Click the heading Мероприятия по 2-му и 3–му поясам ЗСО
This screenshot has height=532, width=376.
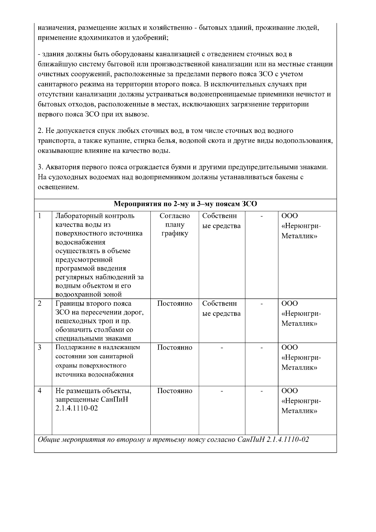click(185, 204)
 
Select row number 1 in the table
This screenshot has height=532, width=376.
click(40, 216)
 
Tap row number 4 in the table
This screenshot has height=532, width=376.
click(40, 391)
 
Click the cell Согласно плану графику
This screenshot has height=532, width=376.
click(175, 225)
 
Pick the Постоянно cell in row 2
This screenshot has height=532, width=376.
click(175, 304)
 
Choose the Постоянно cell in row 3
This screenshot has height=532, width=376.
click(175, 347)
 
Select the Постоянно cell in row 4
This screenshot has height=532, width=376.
click(175, 391)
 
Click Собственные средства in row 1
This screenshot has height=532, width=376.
click(221, 221)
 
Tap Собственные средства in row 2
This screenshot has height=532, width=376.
click(221, 308)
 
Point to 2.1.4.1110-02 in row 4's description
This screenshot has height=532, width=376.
click(76, 408)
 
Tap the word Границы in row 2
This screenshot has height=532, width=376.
click(69, 304)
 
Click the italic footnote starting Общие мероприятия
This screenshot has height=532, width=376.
click(173, 440)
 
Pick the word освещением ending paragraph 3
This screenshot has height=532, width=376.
click(56, 187)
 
